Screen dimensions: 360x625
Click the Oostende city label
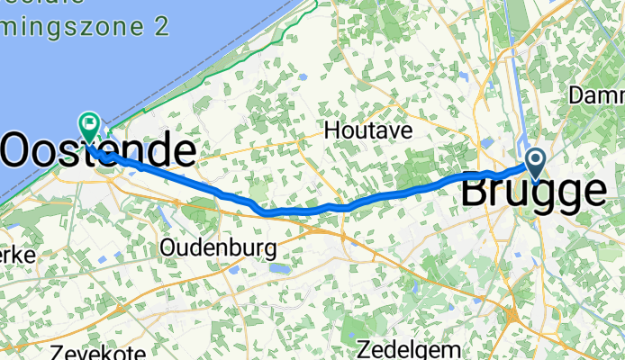[x=99, y=151]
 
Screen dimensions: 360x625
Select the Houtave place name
[x=367, y=130]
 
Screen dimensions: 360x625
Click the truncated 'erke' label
[x=17, y=256]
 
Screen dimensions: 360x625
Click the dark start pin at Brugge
[x=536, y=162]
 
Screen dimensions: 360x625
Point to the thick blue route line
[x=387, y=194]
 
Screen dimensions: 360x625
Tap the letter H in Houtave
[x=331, y=130]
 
